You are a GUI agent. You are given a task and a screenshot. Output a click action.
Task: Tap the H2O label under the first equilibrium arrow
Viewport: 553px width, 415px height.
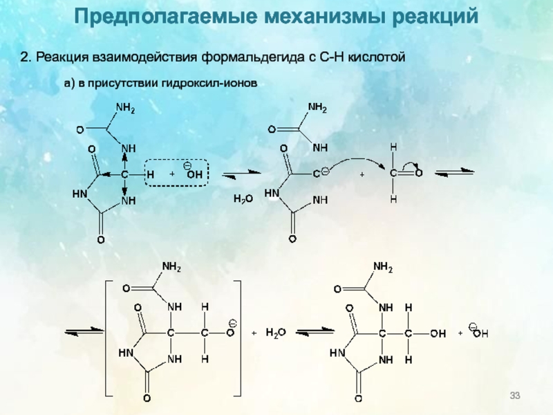pyautogui.click(x=243, y=199)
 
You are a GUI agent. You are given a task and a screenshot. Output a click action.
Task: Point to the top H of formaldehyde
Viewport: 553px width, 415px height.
pyautogui.click(x=393, y=147)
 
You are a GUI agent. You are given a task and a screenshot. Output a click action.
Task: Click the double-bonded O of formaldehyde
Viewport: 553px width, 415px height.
pyautogui.click(x=420, y=174)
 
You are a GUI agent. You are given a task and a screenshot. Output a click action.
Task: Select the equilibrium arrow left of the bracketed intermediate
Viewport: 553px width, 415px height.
pyautogui.click(x=82, y=333)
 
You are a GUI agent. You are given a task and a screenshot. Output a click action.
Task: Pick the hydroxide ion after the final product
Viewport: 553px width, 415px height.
pyautogui.click(x=479, y=333)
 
